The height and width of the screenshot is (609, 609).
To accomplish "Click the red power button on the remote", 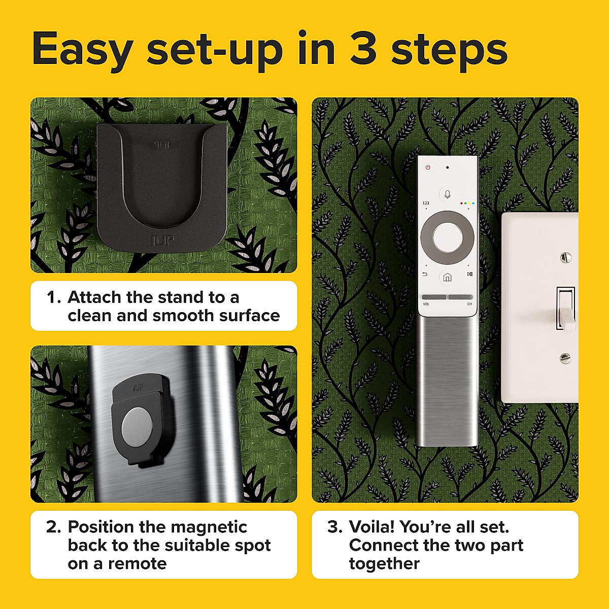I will [x=428, y=167].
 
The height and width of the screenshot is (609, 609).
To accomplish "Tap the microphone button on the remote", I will [x=447, y=194].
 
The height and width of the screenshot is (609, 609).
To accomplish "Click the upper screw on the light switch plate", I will [x=566, y=258].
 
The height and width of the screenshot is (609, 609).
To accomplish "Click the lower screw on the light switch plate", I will [x=565, y=358].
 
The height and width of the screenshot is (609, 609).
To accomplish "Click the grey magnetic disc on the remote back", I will [x=136, y=425].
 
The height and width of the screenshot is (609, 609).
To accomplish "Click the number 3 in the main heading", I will [x=362, y=49].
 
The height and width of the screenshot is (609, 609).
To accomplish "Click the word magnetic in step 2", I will [x=209, y=527].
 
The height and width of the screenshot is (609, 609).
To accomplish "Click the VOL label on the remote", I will [x=426, y=304].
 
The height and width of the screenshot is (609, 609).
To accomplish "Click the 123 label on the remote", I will [x=425, y=203].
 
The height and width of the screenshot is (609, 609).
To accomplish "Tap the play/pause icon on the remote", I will [x=470, y=275].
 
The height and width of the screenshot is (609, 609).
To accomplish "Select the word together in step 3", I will [x=384, y=563].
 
